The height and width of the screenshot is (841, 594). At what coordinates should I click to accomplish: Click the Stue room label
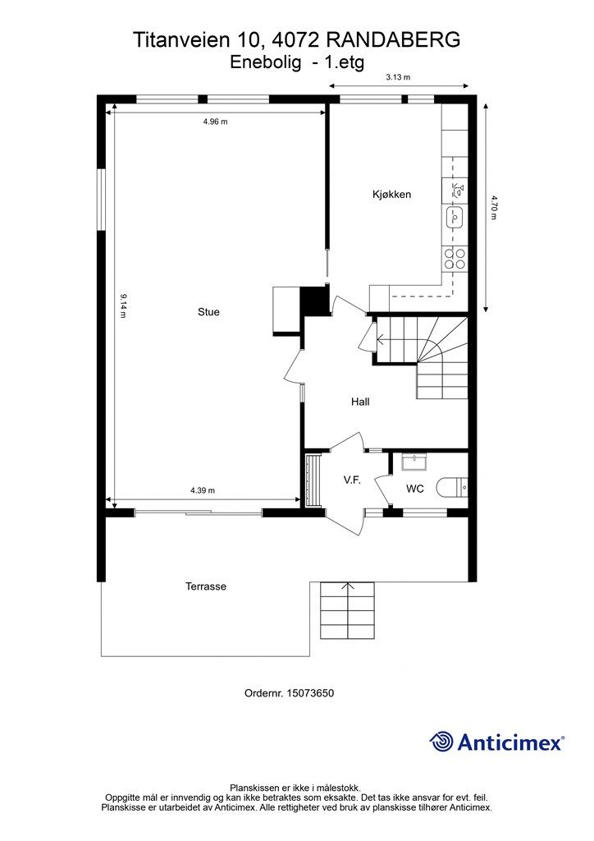click(208, 312)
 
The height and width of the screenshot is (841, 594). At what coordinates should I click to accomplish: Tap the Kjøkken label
click(391, 194)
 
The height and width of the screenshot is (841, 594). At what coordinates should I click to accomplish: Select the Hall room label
click(360, 401)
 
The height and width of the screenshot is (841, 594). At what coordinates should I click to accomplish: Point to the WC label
click(415, 489)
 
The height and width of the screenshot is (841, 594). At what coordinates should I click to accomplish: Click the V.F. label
click(352, 480)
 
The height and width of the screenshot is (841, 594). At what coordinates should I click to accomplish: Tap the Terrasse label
click(206, 586)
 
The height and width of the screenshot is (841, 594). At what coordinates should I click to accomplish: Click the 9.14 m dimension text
click(123, 306)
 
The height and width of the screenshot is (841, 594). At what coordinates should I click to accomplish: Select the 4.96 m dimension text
click(215, 122)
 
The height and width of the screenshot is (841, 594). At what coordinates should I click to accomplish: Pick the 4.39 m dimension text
click(203, 490)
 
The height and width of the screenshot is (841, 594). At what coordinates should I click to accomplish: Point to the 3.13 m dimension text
click(398, 77)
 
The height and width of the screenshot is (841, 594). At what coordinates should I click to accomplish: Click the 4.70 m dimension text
click(493, 207)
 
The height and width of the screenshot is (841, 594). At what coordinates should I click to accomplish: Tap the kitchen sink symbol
click(455, 217)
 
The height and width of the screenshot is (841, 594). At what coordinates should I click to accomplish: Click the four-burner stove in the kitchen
click(455, 259)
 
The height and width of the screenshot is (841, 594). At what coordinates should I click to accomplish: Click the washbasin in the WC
click(414, 462)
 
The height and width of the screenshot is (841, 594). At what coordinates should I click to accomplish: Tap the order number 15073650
click(310, 693)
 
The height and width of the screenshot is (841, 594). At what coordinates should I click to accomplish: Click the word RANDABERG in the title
click(393, 39)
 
